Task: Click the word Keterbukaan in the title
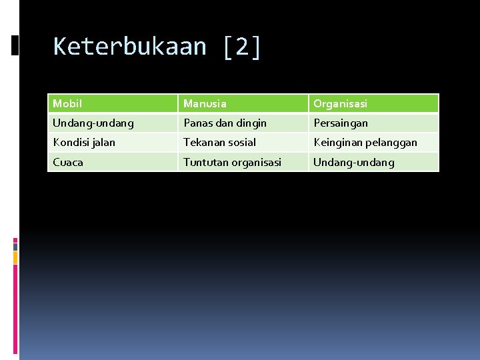[x=129, y=47]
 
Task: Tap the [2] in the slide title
[x=243, y=47]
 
